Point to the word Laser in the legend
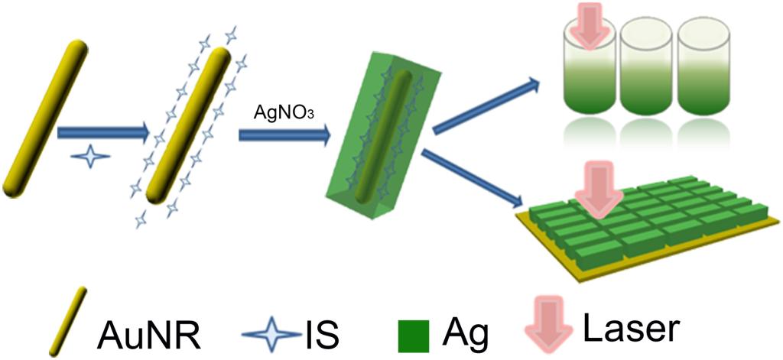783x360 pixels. point(630,328)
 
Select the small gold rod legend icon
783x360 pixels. point(67,321)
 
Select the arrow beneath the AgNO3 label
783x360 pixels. point(284,135)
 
